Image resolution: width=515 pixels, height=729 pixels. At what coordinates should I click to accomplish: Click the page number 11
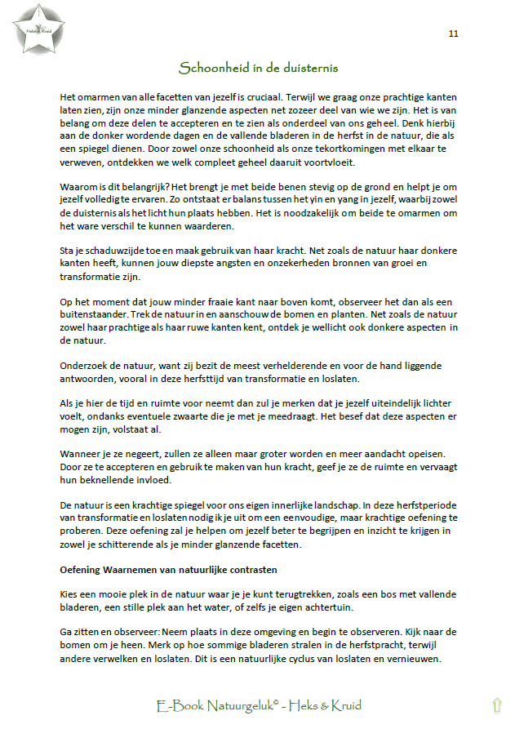click(x=454, y=33)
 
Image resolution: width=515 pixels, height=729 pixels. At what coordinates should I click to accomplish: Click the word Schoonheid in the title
click(x=211, y=68)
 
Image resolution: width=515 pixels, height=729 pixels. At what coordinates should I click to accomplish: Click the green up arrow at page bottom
click(x=496, y=706)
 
